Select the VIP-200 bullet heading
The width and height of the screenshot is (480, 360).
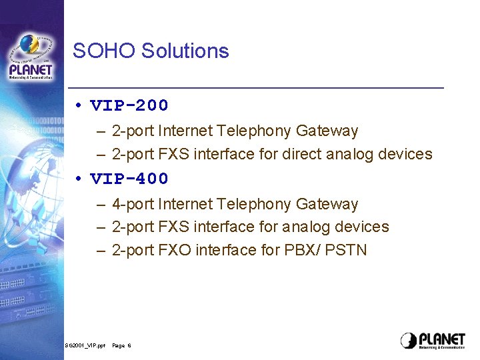tap(129, 105)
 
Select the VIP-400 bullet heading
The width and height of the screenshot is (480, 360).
tap(129, 179)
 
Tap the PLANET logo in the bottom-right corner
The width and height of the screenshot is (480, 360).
tap(433, 340)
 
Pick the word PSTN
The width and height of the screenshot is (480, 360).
tap(347, 250)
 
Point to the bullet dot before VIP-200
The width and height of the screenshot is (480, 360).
tap(79, 105)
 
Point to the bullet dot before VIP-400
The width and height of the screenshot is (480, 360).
tap(79, 179)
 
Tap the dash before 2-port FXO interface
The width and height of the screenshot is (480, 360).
tap(100, 251)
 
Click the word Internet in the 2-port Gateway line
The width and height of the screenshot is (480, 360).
tap(185, 131)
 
